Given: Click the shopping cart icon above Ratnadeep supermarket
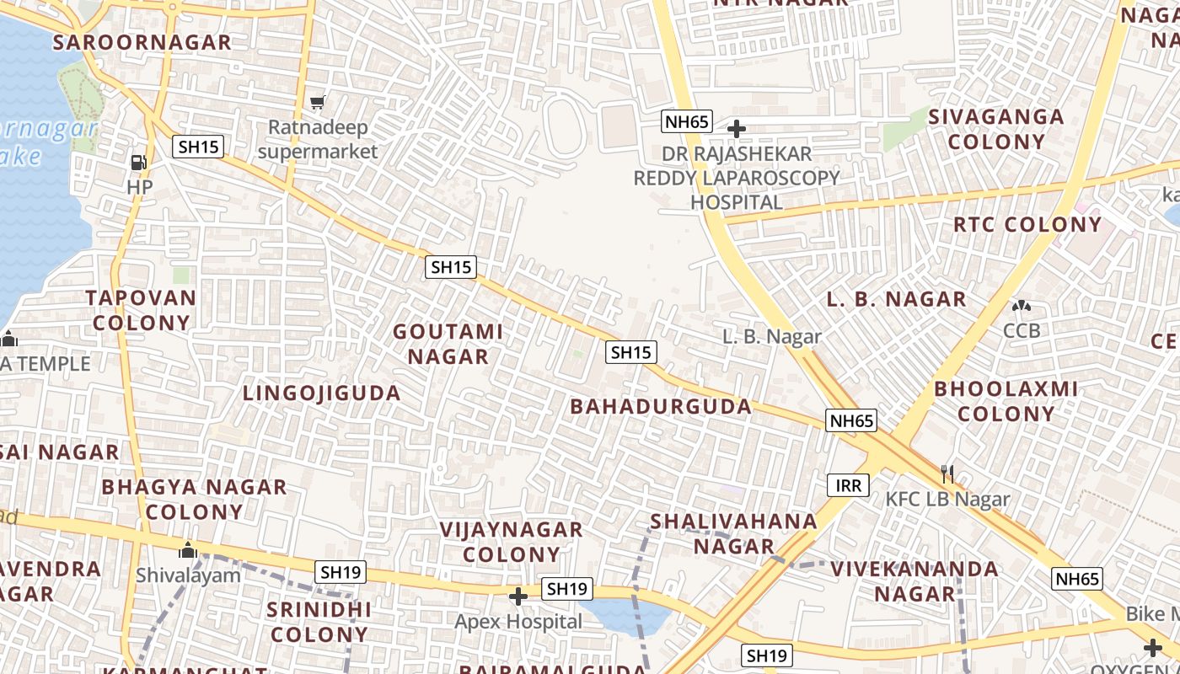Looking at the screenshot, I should coord(317,103).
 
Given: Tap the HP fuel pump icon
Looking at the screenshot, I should coord(139,162).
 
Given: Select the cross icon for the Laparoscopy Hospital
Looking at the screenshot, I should coord(737,129).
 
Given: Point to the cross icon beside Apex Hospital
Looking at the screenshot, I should coord(518,597).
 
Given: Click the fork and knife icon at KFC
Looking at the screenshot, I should coord(947,474).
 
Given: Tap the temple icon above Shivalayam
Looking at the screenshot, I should coord(187,551).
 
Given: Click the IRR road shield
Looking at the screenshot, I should coord(848,485).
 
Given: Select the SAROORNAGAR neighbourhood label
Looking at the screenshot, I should coord(142,42).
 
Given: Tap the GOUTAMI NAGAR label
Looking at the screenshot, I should coord(448,344).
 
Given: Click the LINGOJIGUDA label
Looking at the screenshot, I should coord(322,393).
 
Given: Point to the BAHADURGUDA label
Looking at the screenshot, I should coord(661,406).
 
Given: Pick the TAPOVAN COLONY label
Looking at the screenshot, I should coord(141,310).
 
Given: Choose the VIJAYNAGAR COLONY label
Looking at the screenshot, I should coord(511,542).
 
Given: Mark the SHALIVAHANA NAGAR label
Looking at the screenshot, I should coord(733,533).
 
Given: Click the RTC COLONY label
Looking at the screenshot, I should coord(1027,225).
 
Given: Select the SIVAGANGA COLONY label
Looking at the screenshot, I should coord(996,128).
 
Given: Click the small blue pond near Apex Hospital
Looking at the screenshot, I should coord(624,616).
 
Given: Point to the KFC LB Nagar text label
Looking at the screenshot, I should coord(947,499).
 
